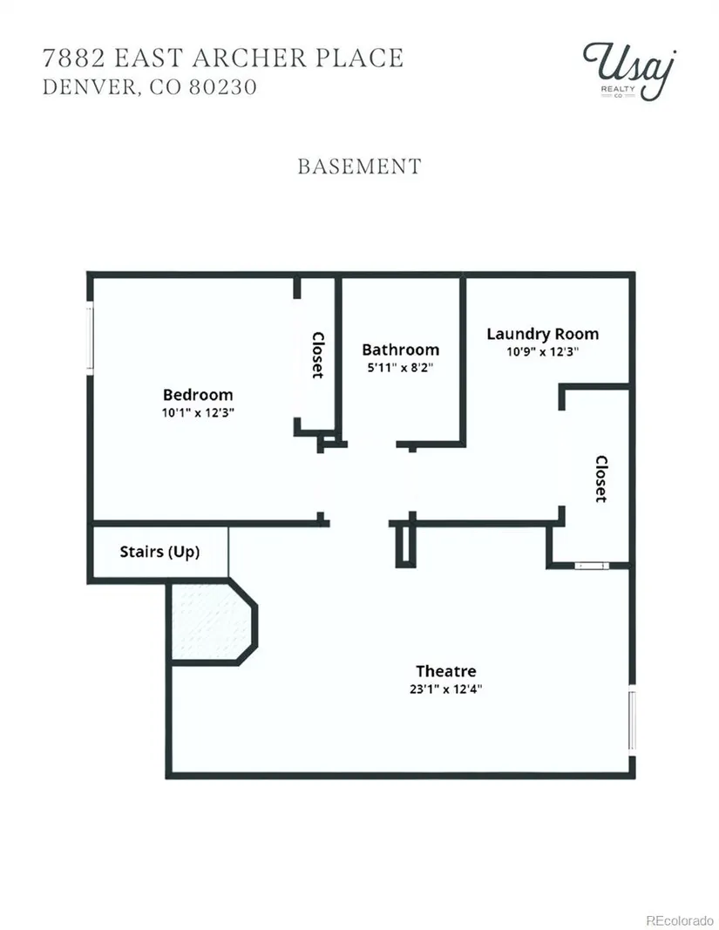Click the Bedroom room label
[x=198, y=395]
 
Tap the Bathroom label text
[x=400, y=350]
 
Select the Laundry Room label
[x=542, y=334]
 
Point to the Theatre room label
[x=445, y=671]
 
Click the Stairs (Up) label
[x=159, y=552]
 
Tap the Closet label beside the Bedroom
[x=318, y=355]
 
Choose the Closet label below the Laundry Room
[x=600, y=479]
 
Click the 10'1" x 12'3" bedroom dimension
[x=198, y=412]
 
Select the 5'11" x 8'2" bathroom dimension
[x=400, y=367]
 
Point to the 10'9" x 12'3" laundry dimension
[x=542, y=351]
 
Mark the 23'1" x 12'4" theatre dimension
[x=446, y=689]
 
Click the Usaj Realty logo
[x=629, y=69]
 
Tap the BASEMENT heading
[x=359, y=166]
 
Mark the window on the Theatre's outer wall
[x=632, y=720]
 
